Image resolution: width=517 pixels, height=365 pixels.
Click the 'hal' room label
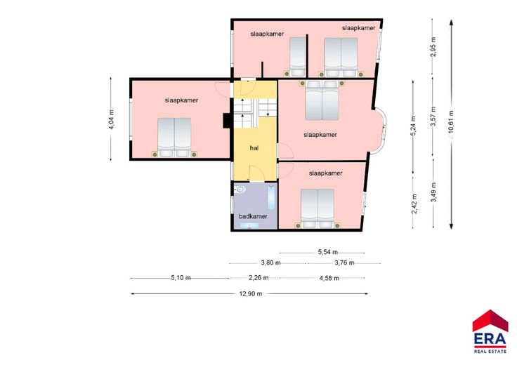click(x=254, y=148)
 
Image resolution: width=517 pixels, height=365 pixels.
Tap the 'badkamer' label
click(x=253, y=216)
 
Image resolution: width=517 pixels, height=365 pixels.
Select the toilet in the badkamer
click(x=240, y=190)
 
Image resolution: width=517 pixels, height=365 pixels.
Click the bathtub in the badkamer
click(x=270, y=198)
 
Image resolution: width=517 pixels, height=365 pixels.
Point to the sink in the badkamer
click(x=249, y=225)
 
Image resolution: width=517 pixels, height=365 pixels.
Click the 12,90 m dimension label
click(x=251, y=293)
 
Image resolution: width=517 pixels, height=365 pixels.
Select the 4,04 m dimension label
click(x=112, y=119)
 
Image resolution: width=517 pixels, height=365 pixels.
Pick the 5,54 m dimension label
click(x=328, y=252)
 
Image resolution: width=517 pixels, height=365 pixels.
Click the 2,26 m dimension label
click(x=258, y=278)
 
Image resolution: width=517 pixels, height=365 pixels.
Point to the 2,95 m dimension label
click(x=433, y=47)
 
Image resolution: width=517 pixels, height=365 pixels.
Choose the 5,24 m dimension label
click(x=414, y=126)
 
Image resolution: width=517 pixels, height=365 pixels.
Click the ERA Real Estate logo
click(x=490, y=331)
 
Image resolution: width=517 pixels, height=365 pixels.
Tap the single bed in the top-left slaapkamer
click(x=298, y=57)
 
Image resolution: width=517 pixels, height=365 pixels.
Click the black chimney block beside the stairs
click(x=226, y=120)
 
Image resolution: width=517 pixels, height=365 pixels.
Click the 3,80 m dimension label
click(x=270, y=263)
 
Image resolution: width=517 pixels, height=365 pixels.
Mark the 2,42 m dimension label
click(x=414, y=204)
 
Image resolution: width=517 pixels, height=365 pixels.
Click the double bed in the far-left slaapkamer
click(x=174, y=138)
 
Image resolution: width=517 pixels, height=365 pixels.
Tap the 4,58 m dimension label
click(x=329, y=278)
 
